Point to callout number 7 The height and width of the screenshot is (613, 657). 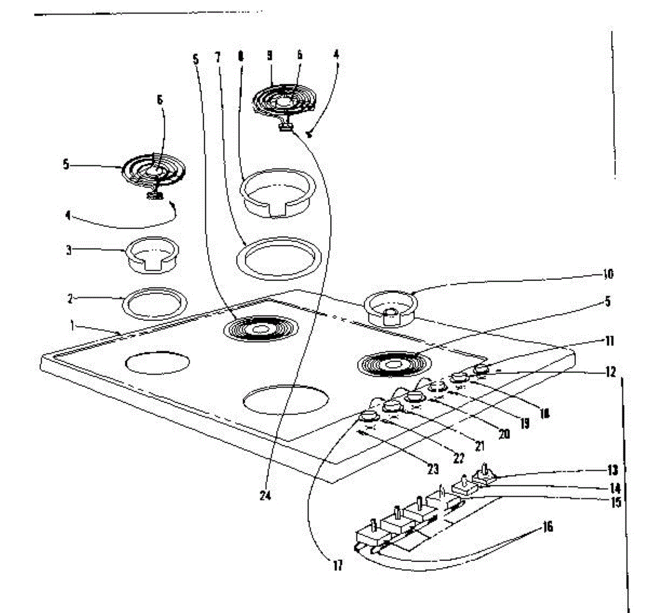(217, 56)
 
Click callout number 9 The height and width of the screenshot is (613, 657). (269, 56)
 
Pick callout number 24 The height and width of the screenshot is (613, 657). (266, 496)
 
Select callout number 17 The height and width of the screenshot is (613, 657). (338, 565)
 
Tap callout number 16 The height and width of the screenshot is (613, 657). (547, 527)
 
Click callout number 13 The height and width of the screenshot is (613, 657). (613, 469)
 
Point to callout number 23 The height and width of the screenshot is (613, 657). (433, 469)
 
